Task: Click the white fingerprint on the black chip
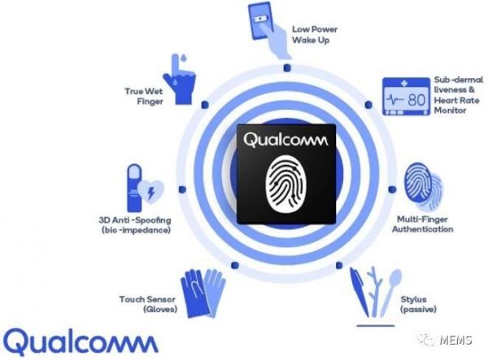(x=285, y=184)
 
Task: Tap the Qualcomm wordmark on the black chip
(x=285, y=140)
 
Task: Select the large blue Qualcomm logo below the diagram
(x=81, y=342)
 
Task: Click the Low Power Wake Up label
(x=315, y=34)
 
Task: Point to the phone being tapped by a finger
(x=261, y=20)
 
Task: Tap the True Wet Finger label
(x=144, y=96)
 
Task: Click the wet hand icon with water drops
(x=179, y=80)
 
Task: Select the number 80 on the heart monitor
(x=416, y=100)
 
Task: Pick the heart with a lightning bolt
(x=150, y=192)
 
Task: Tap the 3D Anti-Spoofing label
(x=135, y=225)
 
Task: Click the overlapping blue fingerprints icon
(x=423, y=186)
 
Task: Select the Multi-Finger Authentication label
(x=422, y=224)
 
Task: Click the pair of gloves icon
(x=203, y=293)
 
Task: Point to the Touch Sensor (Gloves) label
(x=148, y=304)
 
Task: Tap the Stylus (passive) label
(x=418, y=304)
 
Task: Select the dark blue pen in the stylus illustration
(x=359, y=292)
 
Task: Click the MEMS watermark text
(x=456, y=340)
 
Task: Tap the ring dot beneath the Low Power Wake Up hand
(x=287, y=67)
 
